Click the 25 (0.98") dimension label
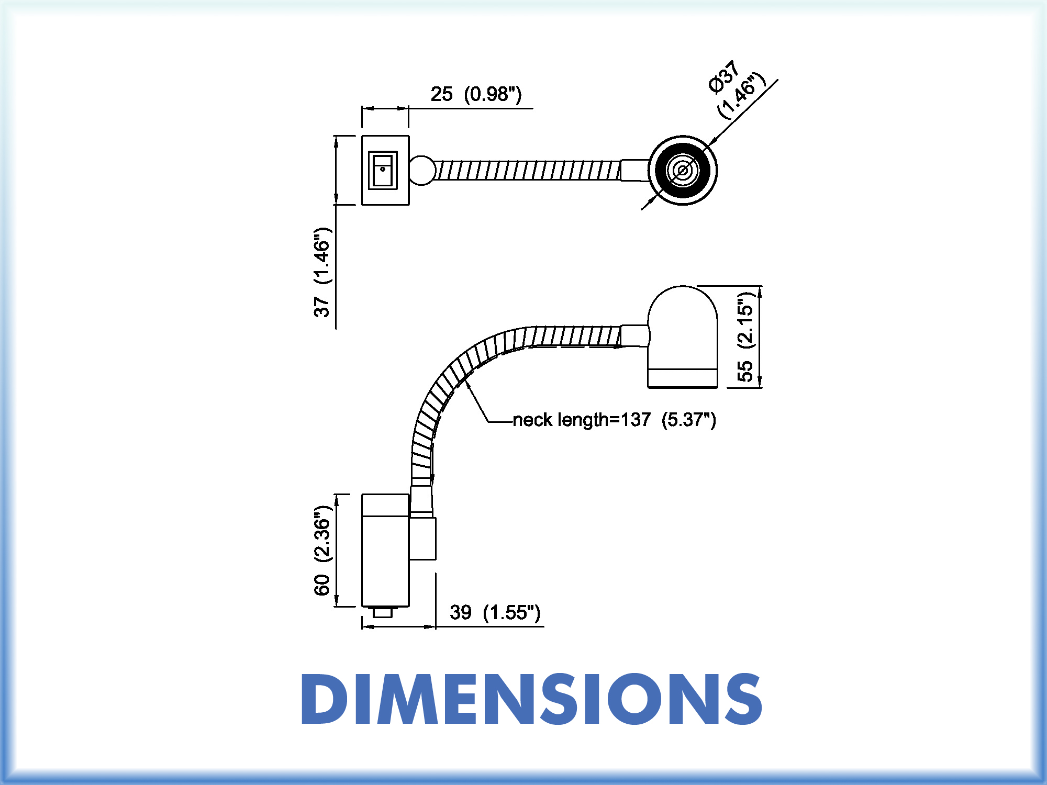(x=476, y=94)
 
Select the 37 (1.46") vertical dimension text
(x=322, y=273)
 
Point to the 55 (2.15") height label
(x=745, y=338)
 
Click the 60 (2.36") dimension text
(x=322, y=551)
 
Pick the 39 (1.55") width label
(x=495, y=612)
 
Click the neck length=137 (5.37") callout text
(x=615, y=420)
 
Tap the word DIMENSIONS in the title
(x=531, y=699)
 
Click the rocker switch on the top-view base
(x=383, y=170)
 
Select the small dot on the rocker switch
(x=383, y=169)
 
